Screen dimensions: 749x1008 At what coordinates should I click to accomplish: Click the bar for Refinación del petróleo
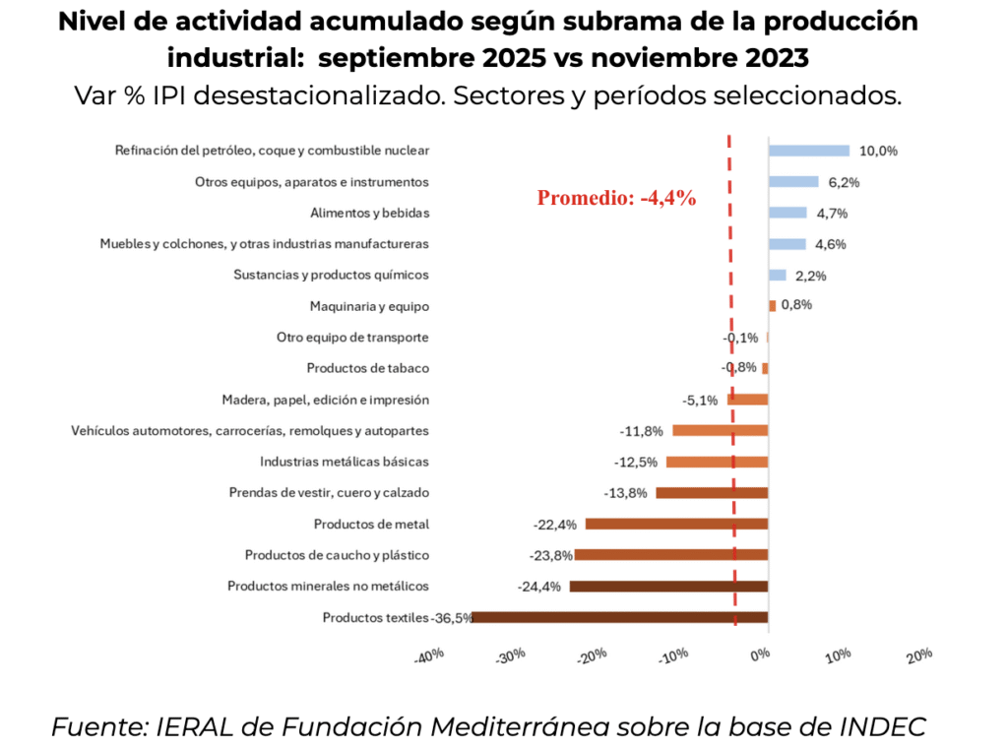point(808,151)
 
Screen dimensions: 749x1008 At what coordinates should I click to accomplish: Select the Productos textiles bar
point(620,617)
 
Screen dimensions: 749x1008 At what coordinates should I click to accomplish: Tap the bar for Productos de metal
point(676,524)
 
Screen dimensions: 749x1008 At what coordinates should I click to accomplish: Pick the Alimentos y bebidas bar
point(787,213)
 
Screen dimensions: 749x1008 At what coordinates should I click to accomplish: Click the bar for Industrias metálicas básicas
point(717,462)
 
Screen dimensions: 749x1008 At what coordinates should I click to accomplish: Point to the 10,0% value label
point(878,151)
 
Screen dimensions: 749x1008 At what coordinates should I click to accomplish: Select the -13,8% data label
point(627,493)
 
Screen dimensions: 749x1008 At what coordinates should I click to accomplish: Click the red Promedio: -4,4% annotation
point(616,198)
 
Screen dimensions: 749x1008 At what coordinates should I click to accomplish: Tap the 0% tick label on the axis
point(759,655)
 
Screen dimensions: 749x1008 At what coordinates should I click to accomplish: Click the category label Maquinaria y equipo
point(369,306)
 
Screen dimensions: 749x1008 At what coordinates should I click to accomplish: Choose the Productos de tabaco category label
point(367,368)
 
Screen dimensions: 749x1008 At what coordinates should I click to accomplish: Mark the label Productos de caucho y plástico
point(337,555)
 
